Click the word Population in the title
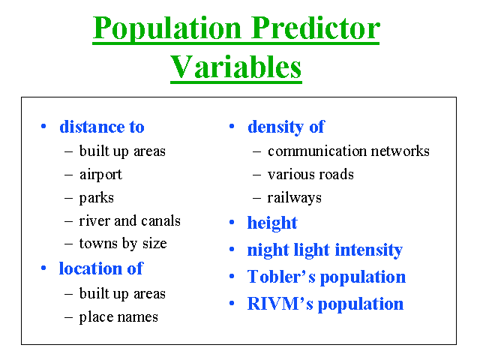[167, 30]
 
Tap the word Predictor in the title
[316, 28]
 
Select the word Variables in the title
[236, 67]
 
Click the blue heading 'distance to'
[102, 127]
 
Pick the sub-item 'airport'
[100, 175]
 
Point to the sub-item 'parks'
[97, 198]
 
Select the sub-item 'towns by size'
[123, 244]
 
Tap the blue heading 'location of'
[100, 268]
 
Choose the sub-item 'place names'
[118, 317]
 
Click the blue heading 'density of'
[286, 127]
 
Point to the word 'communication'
[317, 151]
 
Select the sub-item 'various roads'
[310, 175]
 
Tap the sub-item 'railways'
[295, 198]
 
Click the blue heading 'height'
[272, 223]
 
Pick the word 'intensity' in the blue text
[369, 250]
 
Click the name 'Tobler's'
[281, 277]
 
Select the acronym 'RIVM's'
[280, 304]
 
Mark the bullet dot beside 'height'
[232, 222]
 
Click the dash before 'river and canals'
[68, 221]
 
